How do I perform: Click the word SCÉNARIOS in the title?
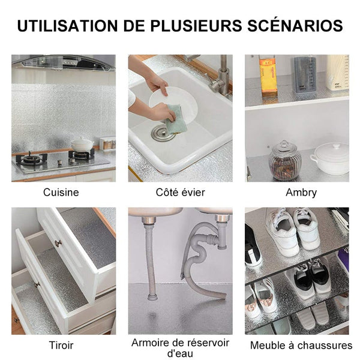[295, 25]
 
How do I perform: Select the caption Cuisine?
[61, 193]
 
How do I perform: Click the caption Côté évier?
[180, 193]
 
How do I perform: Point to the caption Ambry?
[301, 193]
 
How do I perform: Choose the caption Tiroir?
[61, 346]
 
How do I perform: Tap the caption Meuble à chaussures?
[301, 346]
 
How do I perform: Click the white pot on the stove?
[82, 144]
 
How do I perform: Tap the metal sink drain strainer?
[161, 133]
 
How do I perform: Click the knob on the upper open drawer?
[58, 243]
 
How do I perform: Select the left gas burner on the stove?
[31, 159]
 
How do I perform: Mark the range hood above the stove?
[64, 62]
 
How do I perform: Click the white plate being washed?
[173, 103]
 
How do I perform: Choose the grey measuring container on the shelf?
[305, 74]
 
